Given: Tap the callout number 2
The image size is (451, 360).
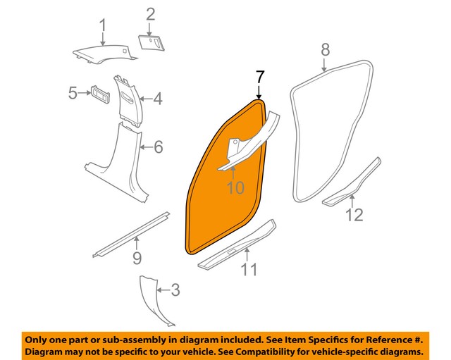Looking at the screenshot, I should [x=150, y=14].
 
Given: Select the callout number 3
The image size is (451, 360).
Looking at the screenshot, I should [x=175, y=290].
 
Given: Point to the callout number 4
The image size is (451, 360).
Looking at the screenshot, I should [x=157, y=100].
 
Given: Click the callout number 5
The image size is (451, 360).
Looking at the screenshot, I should [x=73, y=92].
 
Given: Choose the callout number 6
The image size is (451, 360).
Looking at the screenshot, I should [x=158, y=147].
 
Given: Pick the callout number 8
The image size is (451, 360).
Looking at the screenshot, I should [x=325, y=50].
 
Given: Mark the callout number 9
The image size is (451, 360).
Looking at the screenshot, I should [x=137, y=260].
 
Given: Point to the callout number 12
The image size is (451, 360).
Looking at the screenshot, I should [x=354, y=215].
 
